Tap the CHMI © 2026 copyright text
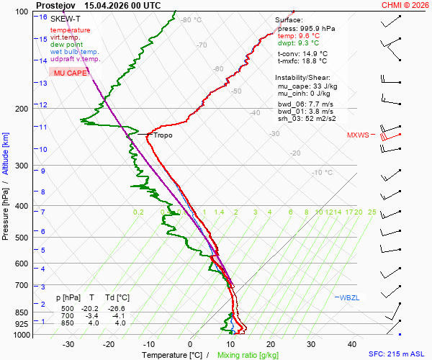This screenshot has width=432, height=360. [405, 5]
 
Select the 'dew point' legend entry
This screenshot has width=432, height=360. [66, 45]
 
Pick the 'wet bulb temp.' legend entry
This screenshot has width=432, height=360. [74, 52]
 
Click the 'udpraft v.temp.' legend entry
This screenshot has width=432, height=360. [75, 58]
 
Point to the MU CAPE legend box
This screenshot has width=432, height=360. [70, 73]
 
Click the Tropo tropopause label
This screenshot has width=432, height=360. [163, 135]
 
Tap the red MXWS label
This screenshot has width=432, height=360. [358, 135]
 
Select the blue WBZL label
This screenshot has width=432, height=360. [349, 298]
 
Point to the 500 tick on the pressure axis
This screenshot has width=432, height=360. [22, 238]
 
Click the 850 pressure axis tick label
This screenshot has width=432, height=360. [22, 312]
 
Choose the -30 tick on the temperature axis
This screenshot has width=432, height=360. [68, 344]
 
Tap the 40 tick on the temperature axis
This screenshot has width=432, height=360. [352, 344]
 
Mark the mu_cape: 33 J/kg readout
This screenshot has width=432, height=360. [307, 86]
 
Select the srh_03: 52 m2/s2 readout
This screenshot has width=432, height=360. [307, 118]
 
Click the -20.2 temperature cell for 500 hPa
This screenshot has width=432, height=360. [89, 308]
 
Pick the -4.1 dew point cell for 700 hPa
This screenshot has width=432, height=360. [119, 315]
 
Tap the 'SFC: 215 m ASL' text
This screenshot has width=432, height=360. [397, 354]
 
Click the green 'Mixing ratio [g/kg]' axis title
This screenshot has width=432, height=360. [248, 355]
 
